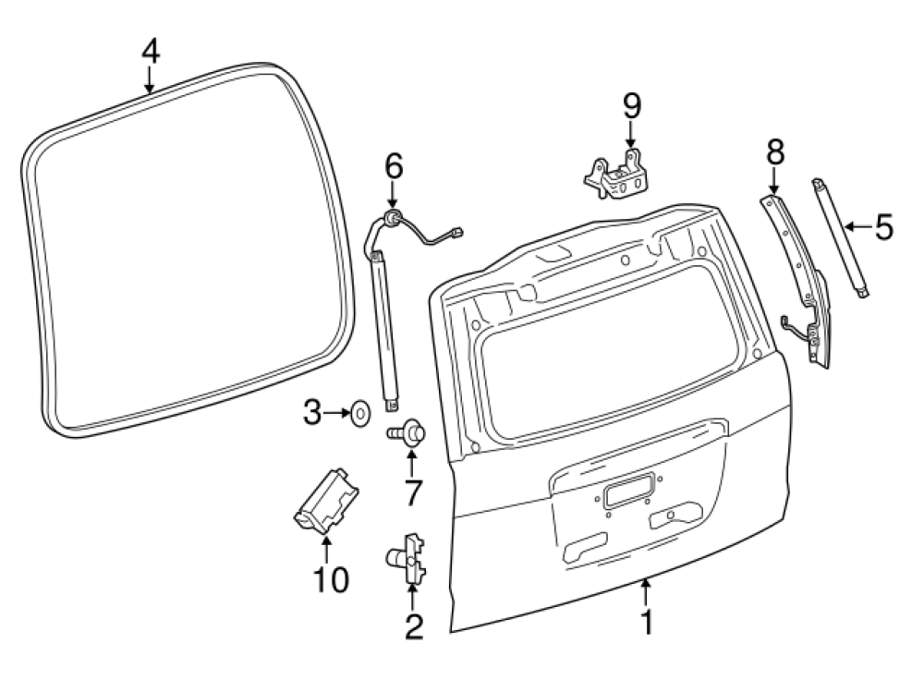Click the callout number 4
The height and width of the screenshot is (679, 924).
pos(150,51)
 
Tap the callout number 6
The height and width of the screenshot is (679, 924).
pos(394,167)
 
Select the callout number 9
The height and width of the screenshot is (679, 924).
pos(631,105)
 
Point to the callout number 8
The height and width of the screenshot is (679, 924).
pos(774,152)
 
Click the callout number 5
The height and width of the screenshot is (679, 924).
pos(884,226)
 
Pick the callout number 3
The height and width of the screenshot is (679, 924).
pos(312,413)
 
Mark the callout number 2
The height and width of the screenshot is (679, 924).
pos(413,628)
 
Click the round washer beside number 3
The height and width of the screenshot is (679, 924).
pos(359,413)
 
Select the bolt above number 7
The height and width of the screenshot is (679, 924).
pos(407,431)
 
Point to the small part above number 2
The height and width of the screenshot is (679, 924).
pos(407,556)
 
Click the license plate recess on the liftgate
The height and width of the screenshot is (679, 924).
pos(630,491)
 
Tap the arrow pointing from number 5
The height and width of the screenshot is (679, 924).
pos(858,225)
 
